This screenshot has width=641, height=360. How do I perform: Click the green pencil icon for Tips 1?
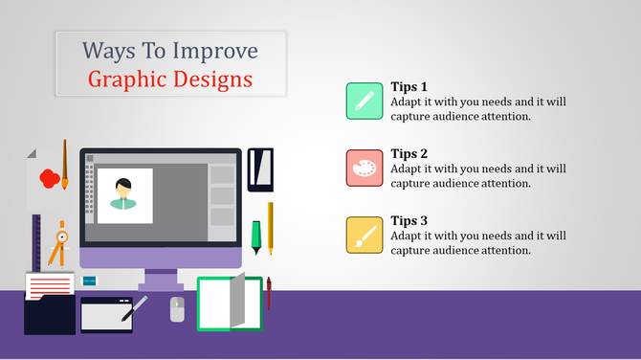point(365,101)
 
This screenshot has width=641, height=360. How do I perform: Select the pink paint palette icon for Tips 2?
point(365,168)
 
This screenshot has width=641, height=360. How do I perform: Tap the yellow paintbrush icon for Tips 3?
point(365,235)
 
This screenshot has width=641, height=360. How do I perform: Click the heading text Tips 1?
point(409,86)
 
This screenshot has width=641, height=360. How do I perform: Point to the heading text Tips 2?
point(409,153)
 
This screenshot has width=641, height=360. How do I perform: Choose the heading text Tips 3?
point(409,221)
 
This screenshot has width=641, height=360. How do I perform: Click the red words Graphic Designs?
point(170,79)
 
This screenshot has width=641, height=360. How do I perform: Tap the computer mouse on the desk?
point(177,308)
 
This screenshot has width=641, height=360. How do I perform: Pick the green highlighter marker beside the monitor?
point(255,236)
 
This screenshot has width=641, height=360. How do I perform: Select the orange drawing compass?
point(59,242)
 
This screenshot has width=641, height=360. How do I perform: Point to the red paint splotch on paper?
point(49,178)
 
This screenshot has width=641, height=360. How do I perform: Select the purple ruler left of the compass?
point(36,243)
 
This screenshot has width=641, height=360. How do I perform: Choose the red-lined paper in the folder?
point(50,285)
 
